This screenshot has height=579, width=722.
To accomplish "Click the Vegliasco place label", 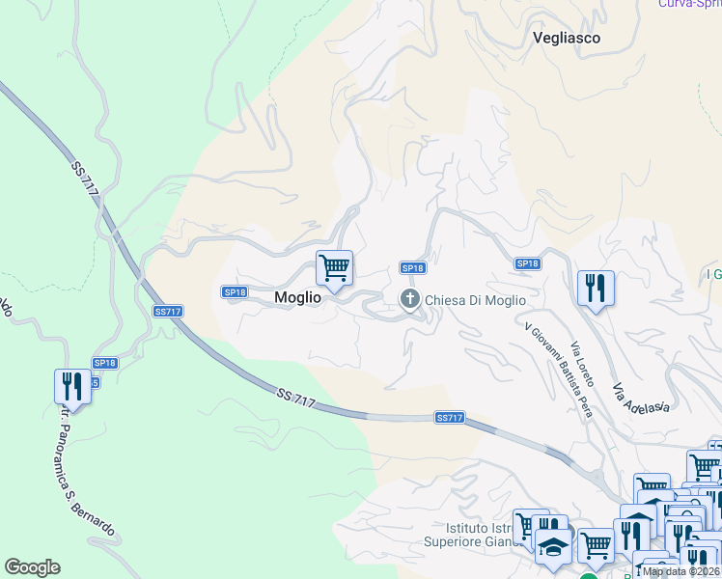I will click(567, 39).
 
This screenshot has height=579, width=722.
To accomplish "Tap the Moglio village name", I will click(296, 298).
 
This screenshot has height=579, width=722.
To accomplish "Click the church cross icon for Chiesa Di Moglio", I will click(410, 299).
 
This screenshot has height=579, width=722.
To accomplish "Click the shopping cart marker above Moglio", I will click(334, 267).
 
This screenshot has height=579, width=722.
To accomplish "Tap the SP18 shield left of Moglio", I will click(235, 291).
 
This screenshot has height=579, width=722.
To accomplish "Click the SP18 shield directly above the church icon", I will click(412, 267).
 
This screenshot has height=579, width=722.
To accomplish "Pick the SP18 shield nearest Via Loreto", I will click(527, 263).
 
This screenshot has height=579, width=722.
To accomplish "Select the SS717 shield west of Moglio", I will click(168, 312).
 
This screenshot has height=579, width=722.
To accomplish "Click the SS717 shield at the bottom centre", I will click(450, 418).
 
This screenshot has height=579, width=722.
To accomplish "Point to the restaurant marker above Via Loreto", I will click(596, 287).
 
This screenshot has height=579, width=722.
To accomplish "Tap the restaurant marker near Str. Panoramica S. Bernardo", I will click(71, 386).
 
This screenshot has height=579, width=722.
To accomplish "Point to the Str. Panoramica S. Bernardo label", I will click(86, 472).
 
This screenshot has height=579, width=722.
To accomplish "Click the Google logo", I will click(32, 567).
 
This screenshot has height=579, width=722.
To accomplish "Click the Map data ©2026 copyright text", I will click(681, 571).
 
